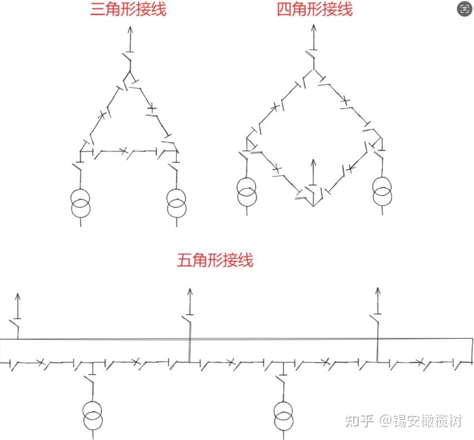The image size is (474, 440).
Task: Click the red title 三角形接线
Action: pyautogui.click(x=128, y=9)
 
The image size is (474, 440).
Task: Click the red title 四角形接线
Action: pyautogui.click(x=315, y=9)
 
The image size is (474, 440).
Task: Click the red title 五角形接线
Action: pyautogui.click(x=215, y=260)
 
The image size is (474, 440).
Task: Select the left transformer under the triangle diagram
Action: pyautogui.click(x=81, y=203)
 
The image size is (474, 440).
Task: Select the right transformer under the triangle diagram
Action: pyautogui.click(x=176, y=203)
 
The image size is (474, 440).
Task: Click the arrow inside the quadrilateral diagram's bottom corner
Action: pyautogui.click(x=313, y=170)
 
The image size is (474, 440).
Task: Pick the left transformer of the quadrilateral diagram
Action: pyautogui.click(x=246, y=191)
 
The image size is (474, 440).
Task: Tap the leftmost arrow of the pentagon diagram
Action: pyautogui.click(x=17, y=304)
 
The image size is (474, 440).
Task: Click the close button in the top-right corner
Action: pyautogui.click(x=465, y=9)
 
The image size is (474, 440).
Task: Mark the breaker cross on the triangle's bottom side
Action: pyautogui.click(x=124, y=150)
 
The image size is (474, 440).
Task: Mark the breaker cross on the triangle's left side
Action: pyautogui.click(x=102, y=115)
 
